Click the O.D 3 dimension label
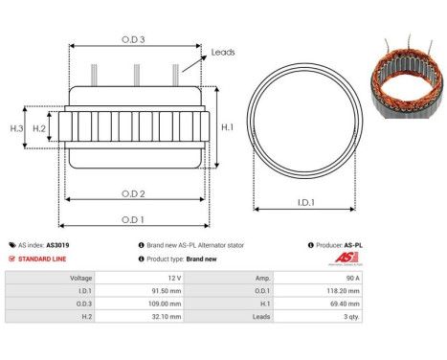click(134, 38)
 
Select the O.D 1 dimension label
click(134, 218)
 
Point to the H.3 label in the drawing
click(16, 128)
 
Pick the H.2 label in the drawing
click(39, 128)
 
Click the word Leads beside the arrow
click(223, 54)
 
